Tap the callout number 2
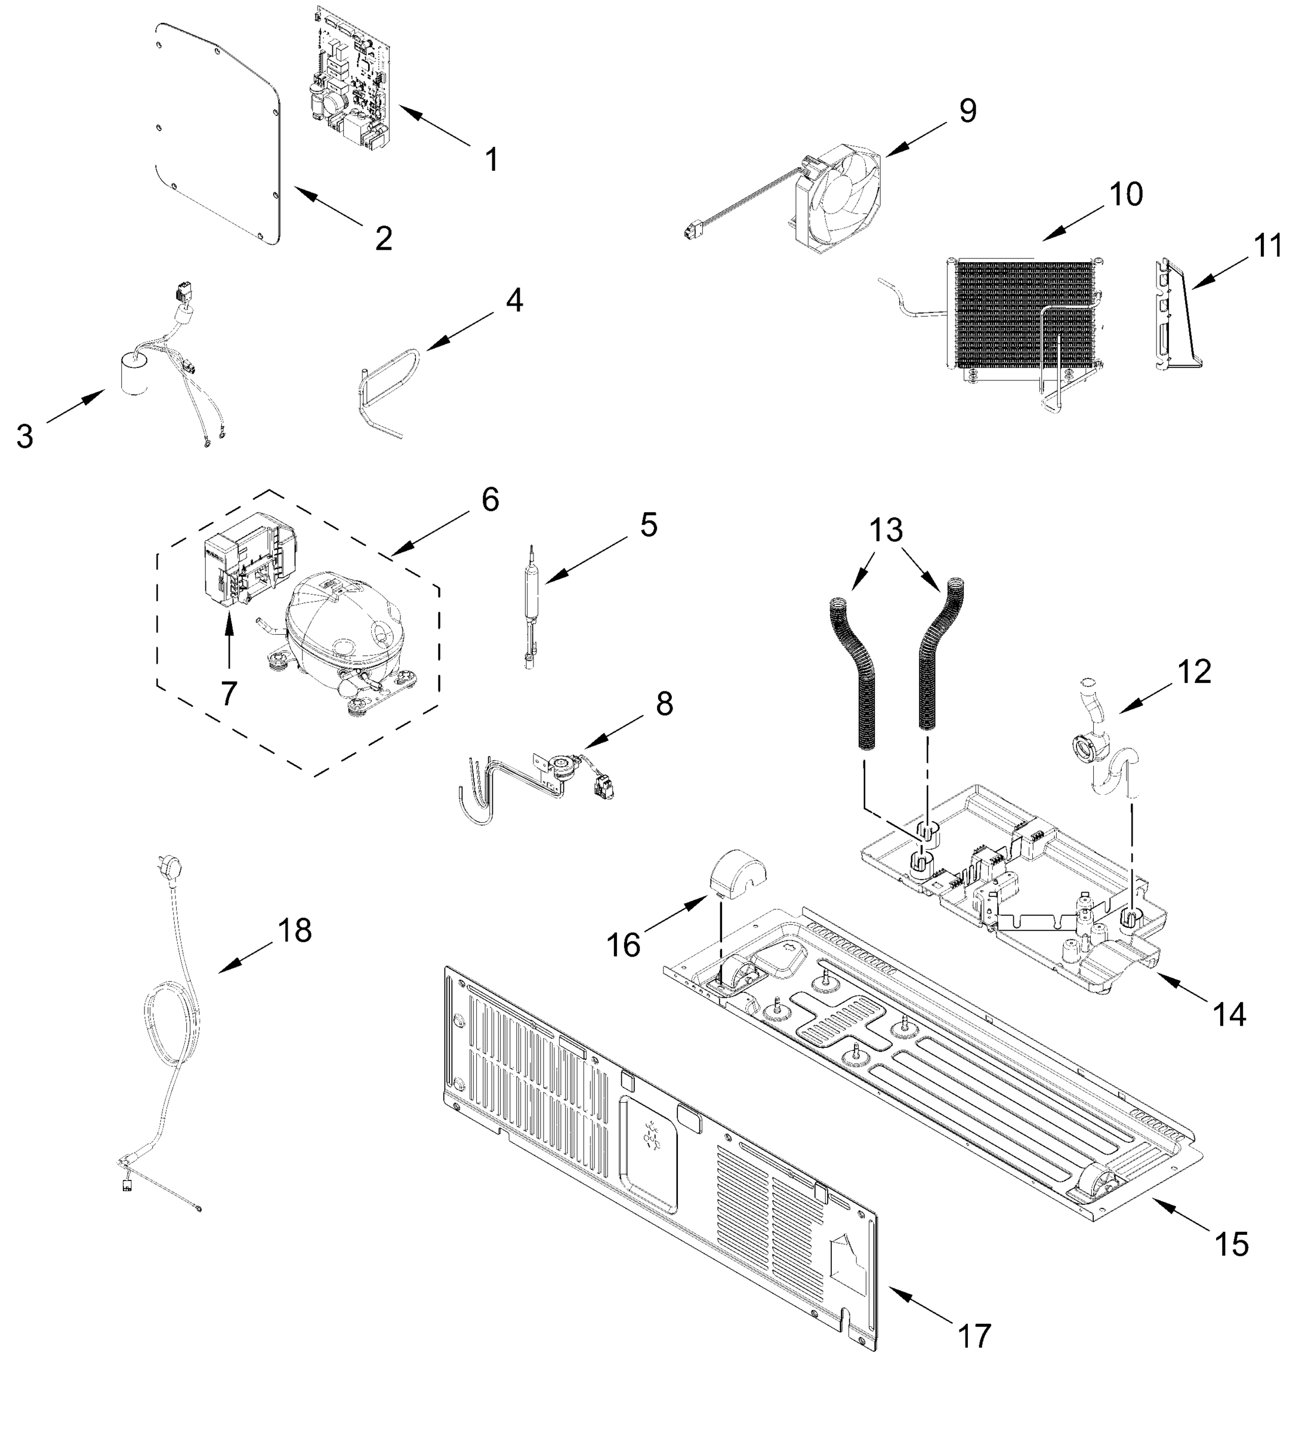pyautogui.click(x=384, y=238)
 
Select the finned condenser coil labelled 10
pyautogui.click(x=1023, y=313)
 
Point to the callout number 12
pyautogui.click(x=1193, y=671)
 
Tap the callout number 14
pyautogui.click(x=1229, y=1016)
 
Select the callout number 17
pyautogui.click(x=974, y=1337)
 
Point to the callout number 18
pyautogui.click(x=294, y=930)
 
